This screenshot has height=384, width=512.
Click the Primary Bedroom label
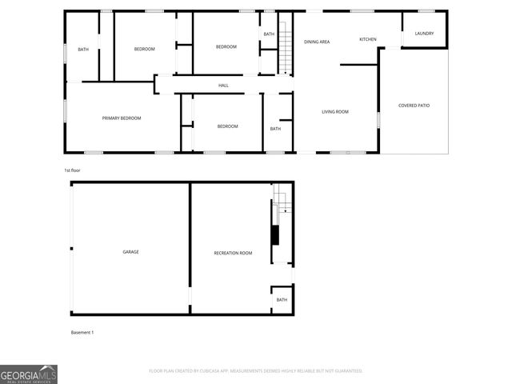(x=122, y=118)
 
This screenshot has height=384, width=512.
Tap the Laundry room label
(x=424, y=34)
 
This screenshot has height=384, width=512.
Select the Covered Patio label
(x=414, y=105)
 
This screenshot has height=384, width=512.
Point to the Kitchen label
(x=367, y=39)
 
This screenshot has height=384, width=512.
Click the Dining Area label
(x=317, y=42)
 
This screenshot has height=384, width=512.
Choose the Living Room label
(x=335, y=112)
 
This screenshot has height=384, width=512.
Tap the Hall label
(x=224, y=86)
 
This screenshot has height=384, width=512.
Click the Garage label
(x=130, y=252)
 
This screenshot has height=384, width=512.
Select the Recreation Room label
(x=233, y=253)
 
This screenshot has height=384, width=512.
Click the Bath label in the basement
(x=282, y=300)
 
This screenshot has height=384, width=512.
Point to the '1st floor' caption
(x=73, y=170)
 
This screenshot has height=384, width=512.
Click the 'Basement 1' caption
(x=82, y=332)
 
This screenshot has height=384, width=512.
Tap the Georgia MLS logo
(x=29, y=374)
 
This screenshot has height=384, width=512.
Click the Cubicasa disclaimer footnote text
(x=256, y=371)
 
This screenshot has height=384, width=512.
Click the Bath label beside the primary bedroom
(x=83, y=50)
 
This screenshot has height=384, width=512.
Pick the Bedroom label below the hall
(x=227, y=126)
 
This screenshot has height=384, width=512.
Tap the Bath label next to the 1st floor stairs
(x=269, y=34)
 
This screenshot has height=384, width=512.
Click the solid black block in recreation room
(x=275, y=235)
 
